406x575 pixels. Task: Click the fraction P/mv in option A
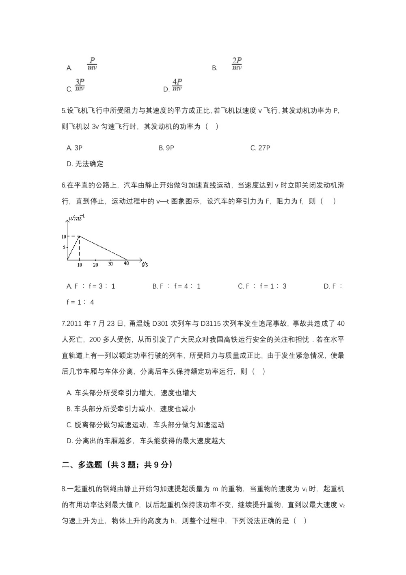pos(92,64)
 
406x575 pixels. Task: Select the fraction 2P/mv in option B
pos(237,64)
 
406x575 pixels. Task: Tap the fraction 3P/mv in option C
pos(80,85)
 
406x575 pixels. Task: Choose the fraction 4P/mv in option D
pos(177,85)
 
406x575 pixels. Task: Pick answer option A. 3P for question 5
pos(74,148)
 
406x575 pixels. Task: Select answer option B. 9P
pos(166,148)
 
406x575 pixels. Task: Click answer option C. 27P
pos(260,148)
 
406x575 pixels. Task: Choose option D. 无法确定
pos(85,164)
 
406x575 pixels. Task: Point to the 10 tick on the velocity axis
pos(64,236)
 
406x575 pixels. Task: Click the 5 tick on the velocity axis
pos(64,248)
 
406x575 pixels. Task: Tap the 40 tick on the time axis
pos(126,264)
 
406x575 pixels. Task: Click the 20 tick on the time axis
pos(95,265)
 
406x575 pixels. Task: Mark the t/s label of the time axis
pos(145,265)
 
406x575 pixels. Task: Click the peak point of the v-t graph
pos(80,236)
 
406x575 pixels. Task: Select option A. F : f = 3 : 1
pos(91,286)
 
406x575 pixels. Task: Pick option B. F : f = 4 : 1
pos(177,286)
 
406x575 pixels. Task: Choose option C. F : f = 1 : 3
pos(262,286)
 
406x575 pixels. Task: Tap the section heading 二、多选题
pos(82,465)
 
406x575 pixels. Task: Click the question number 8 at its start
pos(64,489)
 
